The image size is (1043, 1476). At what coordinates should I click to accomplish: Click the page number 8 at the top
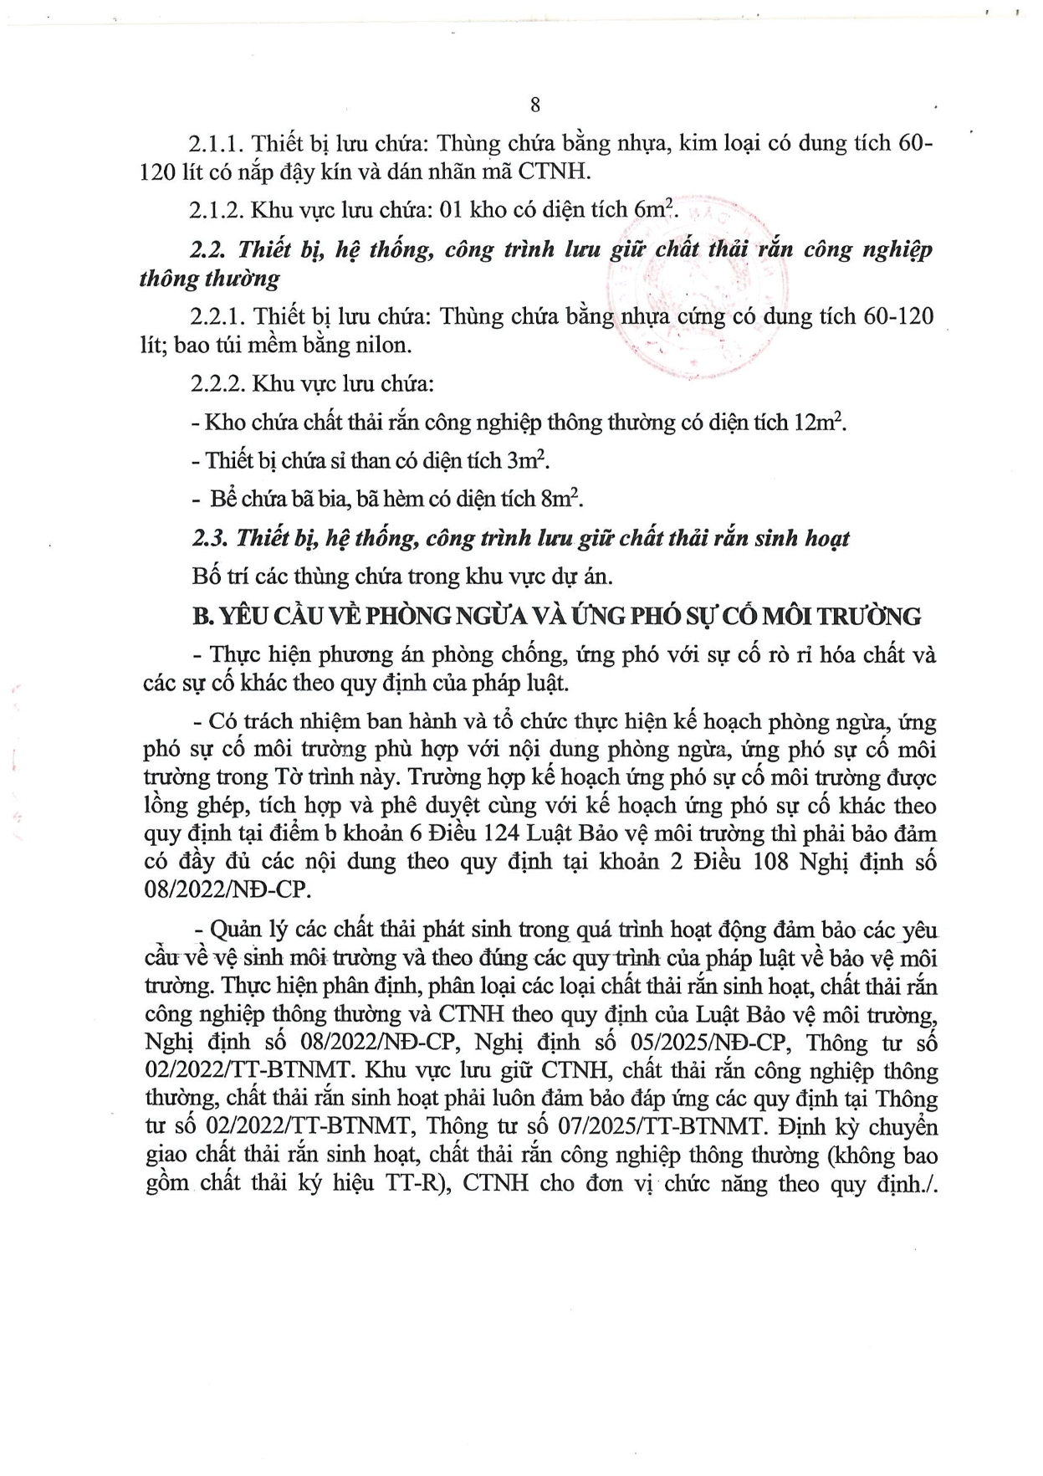(x=535, y=105)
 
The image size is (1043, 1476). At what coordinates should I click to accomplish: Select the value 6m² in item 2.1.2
(x=654, y=209)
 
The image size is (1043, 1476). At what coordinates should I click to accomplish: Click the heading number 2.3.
(x=209, y=538)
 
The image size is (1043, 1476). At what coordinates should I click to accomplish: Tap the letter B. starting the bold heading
(x=202, y=617)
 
